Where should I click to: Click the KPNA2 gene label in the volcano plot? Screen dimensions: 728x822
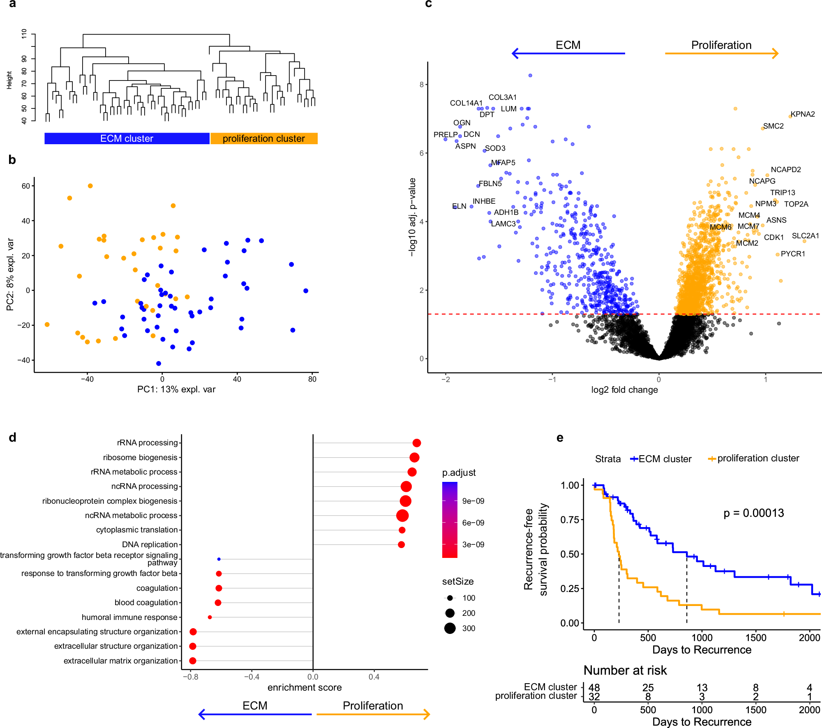click(803, 114)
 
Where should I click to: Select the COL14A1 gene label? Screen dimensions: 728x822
click(466, 103)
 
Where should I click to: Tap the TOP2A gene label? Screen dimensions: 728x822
click(796, 204)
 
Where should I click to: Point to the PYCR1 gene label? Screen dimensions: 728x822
click(793, 254)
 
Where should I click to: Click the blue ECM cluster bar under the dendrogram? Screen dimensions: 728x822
click(127, 138)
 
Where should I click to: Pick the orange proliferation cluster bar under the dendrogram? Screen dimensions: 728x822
click(264, 138)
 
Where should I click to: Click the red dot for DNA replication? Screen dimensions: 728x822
click(401, 544)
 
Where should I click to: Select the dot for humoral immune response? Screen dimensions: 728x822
click(210, 617)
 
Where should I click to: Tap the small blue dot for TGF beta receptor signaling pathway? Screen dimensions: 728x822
click(219, 559)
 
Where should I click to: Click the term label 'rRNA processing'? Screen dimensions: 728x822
click(147, 443)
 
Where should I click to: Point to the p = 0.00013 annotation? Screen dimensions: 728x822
click(753, 513)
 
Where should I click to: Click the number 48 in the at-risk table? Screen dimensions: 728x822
click(594, 687)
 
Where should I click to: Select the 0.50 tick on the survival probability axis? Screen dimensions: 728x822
click(570, 554)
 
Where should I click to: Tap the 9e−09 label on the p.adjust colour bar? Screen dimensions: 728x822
click(473, 501)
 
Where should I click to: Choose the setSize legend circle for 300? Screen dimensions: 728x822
click(450, 628)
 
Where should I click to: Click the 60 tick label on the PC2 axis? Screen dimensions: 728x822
click(25, 186)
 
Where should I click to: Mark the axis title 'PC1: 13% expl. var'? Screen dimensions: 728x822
click(176, 389)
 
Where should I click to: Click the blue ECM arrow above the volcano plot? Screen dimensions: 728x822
click(568, 53)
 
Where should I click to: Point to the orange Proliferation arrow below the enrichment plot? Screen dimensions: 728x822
click(373, 714)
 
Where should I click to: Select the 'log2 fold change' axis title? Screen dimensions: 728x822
click(624, 390)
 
